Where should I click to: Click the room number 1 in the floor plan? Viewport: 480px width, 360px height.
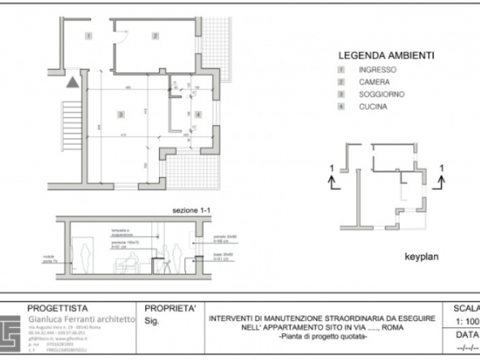[88, 34]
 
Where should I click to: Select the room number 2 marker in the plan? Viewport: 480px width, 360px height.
[156, 35]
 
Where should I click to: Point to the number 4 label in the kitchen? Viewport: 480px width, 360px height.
[197, 114]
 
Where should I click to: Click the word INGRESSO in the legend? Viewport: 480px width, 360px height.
[377, 70]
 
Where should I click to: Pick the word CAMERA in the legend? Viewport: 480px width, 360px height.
[374, 82]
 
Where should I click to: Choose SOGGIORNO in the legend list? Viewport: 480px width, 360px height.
[381, 95]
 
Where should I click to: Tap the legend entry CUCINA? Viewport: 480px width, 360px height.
[372, 107]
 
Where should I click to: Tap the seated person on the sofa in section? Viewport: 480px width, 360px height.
[128, 261]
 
